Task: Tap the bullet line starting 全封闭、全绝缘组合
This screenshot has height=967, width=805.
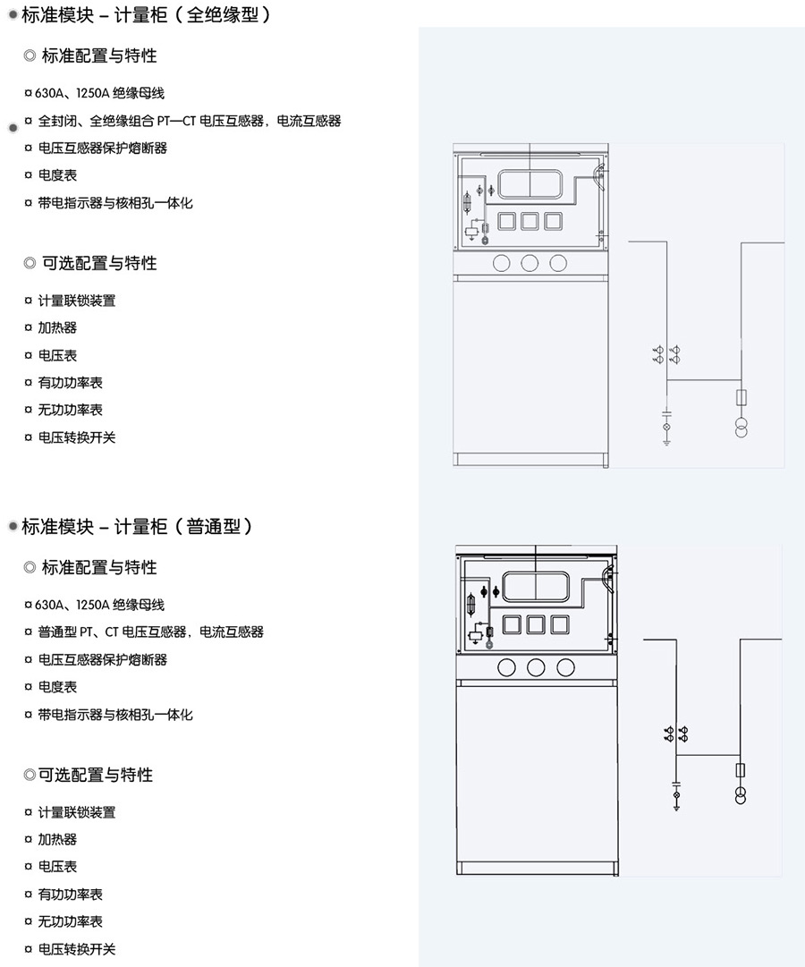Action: pyautogui.click(x=189, y=121)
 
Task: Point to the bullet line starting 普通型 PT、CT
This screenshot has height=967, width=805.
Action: pyautogui.click(x=150, y=632)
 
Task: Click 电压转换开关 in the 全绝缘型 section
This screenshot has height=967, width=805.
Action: pyautogui.click(x=76, y=437)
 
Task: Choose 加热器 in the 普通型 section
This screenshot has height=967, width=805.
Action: pyautogui.click(x=57, y=839)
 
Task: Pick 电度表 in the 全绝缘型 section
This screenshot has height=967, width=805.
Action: pyautogui.click(x=57, y=175)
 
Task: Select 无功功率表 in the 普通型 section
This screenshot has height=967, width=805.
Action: pyautogui.click(x=70, y=921)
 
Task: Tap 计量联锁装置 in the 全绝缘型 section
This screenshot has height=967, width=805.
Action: pyautogui.click(x=76, y=301)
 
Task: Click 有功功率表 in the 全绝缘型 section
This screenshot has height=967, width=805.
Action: pyautogui.click(x=70, y=383)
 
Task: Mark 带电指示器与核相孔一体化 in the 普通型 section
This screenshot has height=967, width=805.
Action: pyautogui.click(x=114, y=715)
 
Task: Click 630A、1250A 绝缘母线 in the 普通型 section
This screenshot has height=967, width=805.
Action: pyautogui.click(x=99, y=605)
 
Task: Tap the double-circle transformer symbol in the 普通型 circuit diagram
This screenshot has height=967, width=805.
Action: pyautogui.click(x=741, y=795)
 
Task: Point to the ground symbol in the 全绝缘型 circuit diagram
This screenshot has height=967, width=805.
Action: pyautogui.click(x=666, y=441)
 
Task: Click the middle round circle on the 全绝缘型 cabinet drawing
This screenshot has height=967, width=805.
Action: pyautogui.click(x=530, y=262)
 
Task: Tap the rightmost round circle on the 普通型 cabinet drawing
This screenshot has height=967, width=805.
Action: pyautogui.click(x=565, y=666)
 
